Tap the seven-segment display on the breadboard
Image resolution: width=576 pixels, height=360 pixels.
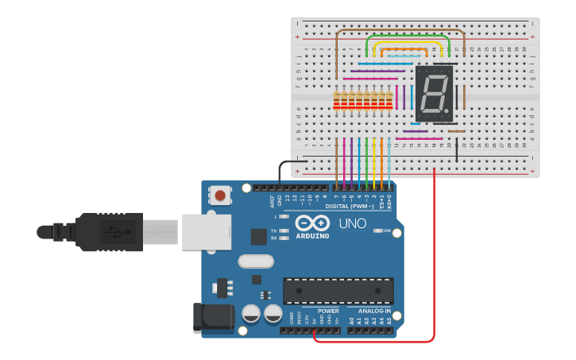[434, 94]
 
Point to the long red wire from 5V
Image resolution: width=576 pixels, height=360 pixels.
[434, 262]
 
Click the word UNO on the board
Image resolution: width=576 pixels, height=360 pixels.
[352, 224]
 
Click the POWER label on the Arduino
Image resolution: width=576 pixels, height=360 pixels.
[328, 311]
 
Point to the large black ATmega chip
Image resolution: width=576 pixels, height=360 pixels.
[338, 291]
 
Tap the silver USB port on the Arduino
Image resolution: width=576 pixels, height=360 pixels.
[206, 231]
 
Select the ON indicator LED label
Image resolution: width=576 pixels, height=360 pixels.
[387, 230]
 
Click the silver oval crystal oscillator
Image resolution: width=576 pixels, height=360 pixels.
[255, 261]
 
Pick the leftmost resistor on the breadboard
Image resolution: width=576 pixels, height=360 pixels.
[337, 100]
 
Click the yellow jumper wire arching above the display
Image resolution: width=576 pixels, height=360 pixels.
[407, 43]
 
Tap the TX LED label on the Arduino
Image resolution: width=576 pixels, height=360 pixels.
[274, 230]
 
